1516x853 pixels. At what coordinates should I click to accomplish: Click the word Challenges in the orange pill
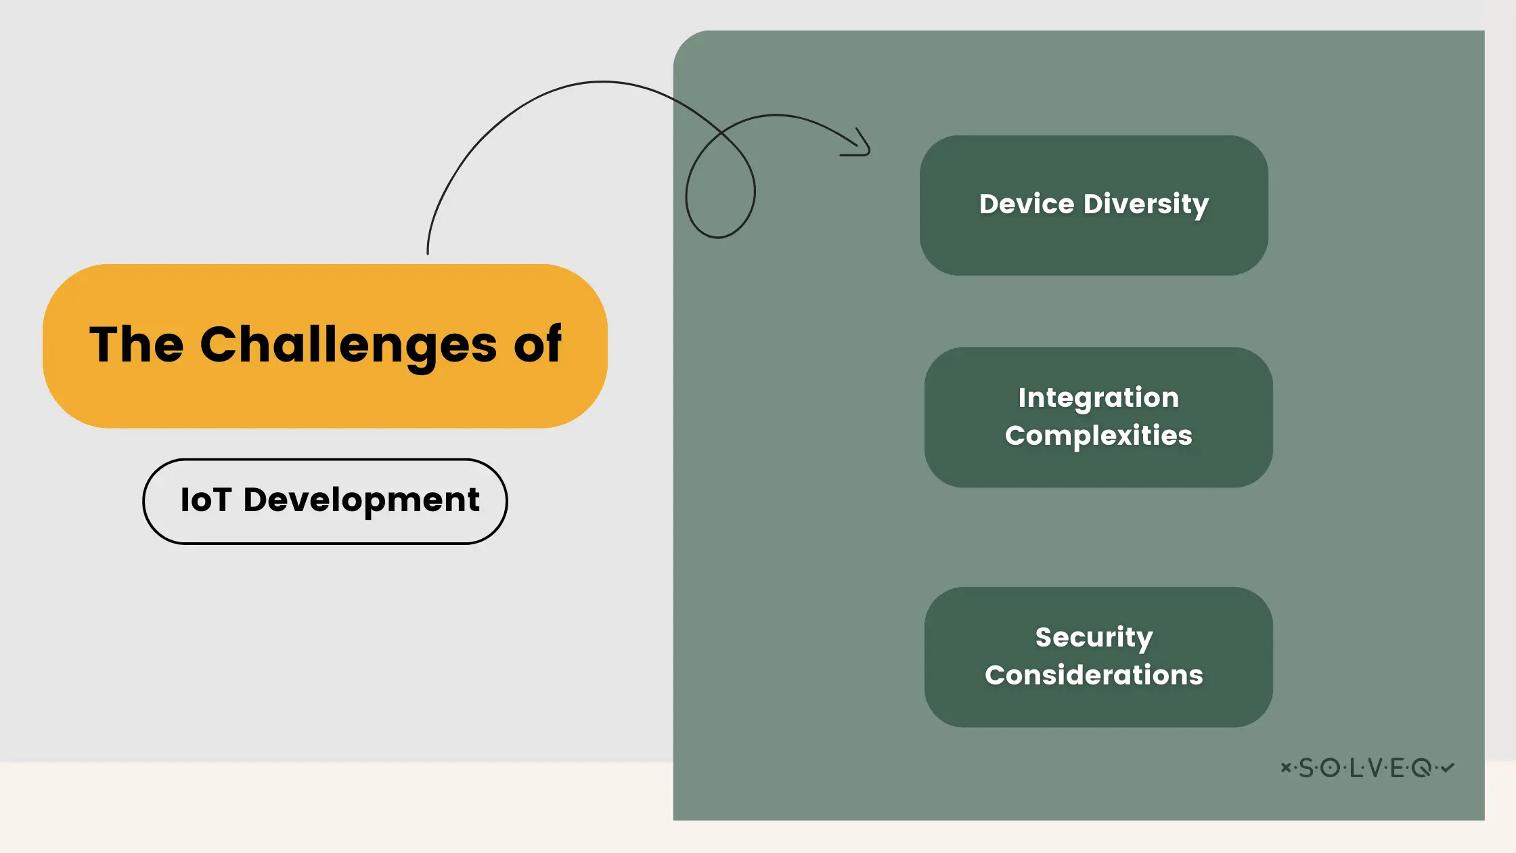point(348,345)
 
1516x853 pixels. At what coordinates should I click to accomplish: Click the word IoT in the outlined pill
point(206,500)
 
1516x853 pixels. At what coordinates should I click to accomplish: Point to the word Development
point(361,502)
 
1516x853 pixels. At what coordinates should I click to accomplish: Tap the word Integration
point(1098,397)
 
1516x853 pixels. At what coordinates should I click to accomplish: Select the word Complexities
point(1098,435)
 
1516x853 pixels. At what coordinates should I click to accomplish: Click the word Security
point(1094,637)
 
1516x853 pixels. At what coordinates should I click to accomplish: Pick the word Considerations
point(1094,675)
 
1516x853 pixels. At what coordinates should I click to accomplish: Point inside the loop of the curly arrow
point(720,193)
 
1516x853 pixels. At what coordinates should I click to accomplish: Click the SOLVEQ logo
point(1367,768)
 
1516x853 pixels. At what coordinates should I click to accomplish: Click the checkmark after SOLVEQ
point(1448,767)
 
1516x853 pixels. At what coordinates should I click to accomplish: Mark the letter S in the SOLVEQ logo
point(1306,768)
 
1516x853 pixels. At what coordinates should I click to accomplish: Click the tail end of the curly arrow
point(428,252)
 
